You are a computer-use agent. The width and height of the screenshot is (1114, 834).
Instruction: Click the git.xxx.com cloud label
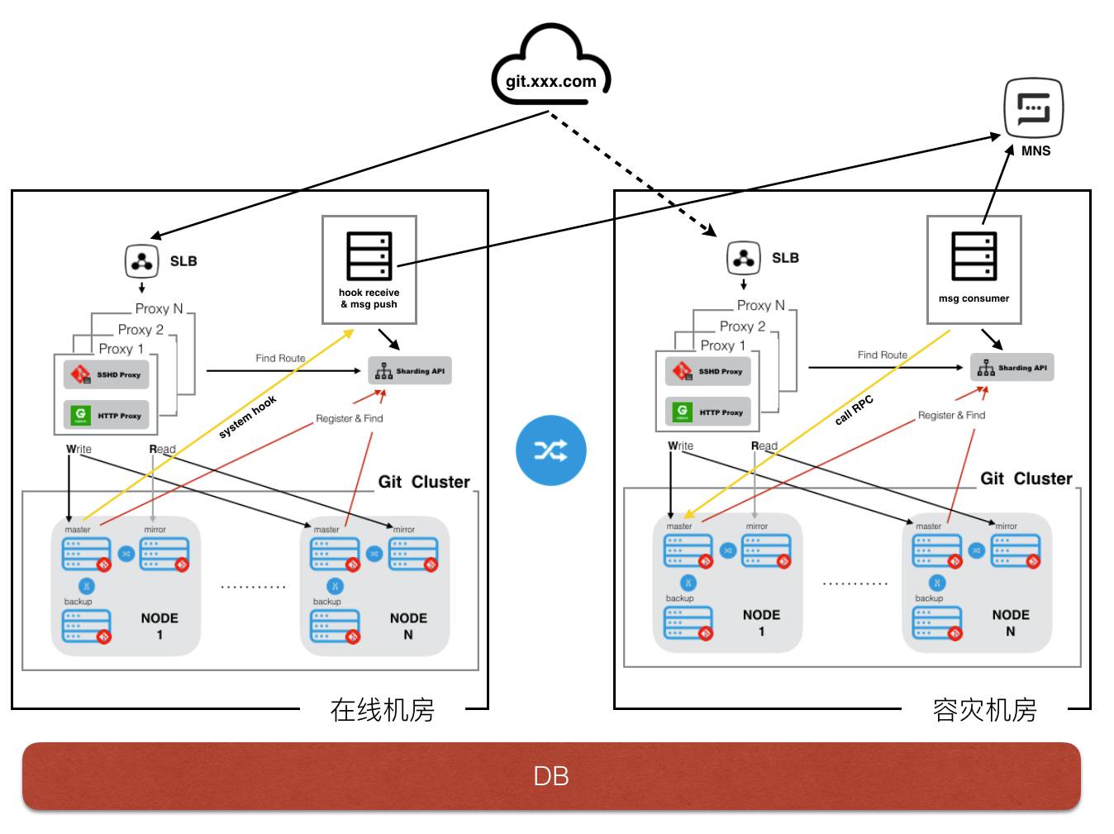pos(550,81)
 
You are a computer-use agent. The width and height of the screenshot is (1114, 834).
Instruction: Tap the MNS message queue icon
pos(1032,108)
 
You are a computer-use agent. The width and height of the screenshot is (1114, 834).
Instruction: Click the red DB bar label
pos(550,776)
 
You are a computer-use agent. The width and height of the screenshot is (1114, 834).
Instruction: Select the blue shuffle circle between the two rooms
pos(550,450)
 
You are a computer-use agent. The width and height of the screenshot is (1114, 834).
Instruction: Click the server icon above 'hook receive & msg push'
pos(369,256)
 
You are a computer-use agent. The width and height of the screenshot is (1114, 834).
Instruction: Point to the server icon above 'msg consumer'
pos(974,256)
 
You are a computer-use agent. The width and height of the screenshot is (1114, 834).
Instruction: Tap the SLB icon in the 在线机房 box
pos(142,261)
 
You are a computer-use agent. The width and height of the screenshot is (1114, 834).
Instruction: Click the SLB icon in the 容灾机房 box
pos(744,258)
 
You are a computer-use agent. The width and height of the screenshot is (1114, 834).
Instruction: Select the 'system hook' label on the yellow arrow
pos(247,417)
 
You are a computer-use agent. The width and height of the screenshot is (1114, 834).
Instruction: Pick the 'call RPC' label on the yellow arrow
pos(854,410)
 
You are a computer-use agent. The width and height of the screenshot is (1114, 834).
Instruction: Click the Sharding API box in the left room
pos(410,371)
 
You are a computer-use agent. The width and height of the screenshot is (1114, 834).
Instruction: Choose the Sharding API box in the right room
pos(1012,368)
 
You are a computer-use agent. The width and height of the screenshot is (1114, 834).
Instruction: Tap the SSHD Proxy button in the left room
pos(107,374)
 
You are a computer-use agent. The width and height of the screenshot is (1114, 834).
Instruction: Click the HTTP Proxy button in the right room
pos(708,412)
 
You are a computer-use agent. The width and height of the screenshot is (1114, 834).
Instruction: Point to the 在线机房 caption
pos(382,710)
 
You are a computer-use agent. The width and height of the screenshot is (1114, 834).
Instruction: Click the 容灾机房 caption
pos(984,710)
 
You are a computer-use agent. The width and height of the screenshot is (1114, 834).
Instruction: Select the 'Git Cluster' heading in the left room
pos(424,482)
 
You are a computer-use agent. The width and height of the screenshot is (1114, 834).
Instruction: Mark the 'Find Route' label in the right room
pos(882,355)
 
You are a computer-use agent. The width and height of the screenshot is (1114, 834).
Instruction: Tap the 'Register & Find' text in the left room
pos(349,418)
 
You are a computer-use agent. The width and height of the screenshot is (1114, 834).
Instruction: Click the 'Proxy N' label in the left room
pos(159,308)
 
